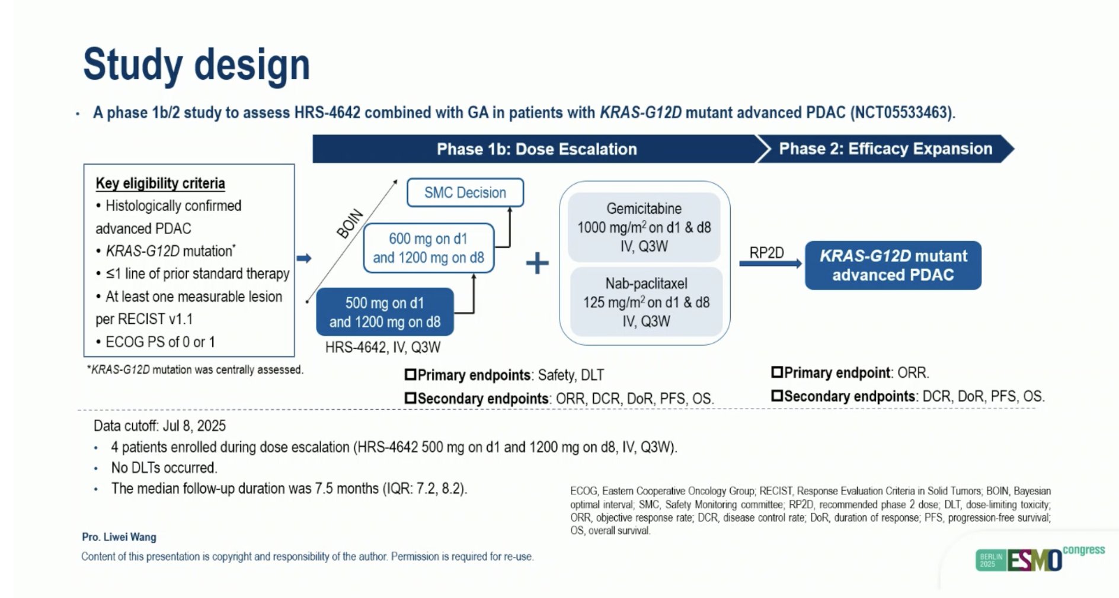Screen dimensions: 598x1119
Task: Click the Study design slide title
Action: (x=196, y=65)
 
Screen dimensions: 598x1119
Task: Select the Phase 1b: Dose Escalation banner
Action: (x=536, y=149)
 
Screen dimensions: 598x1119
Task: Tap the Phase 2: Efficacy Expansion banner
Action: (x=885, y=149)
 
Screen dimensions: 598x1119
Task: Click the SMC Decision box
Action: (x=465, y=192)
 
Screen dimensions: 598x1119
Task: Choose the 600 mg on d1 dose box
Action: (x=428, y=248)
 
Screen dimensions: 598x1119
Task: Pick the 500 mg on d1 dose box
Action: (x=385, y=312)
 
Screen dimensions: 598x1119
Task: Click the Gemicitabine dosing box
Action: (x=644, y=227)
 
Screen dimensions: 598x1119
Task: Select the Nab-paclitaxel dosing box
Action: (x=646, y=302)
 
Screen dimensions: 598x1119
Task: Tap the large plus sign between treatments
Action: (x=537, y=263)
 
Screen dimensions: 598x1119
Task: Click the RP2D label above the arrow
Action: (x=766, y=253)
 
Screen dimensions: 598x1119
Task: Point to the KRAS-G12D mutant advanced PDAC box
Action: (x=893, y=265)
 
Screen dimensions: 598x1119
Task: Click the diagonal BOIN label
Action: (x=349, y=224)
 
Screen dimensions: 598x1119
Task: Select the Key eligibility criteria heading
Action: (x=160, y=184)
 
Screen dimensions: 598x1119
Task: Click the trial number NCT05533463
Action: (x=901, y=112)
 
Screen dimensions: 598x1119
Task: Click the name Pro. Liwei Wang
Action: (x=119, y=537)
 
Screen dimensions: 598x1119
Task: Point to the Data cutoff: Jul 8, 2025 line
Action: (x=159, y=426)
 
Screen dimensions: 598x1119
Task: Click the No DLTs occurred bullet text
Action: (x=164, y=468)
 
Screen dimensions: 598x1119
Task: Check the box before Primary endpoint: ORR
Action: (x=776, y=372)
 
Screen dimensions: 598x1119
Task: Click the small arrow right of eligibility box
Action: (x=304, y=258)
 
